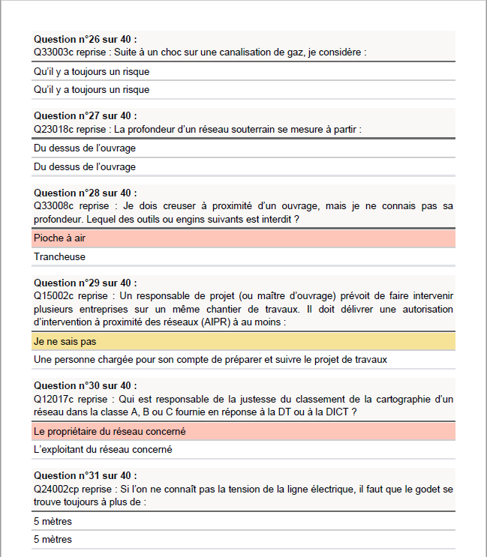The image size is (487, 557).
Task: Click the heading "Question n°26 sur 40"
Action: (x=86, y=39)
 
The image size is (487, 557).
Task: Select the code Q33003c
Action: (x=53, y=52)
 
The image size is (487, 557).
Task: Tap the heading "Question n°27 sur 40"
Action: (x=86, y=116)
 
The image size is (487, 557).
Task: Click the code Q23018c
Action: (x=53, y=129)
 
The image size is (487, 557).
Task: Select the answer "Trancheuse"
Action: (x=59, y=256)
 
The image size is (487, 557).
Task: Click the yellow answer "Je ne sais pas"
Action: (x=65, y=341)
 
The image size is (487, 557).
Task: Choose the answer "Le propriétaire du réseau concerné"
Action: (x=110, y=431)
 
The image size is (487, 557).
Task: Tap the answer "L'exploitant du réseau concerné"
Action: (x=103, y=450)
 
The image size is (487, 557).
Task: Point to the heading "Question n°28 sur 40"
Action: (x=86, y=193)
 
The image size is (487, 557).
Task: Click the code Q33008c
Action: (x=53, y=206)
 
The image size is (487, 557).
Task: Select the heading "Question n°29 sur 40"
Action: (x=86, y=283)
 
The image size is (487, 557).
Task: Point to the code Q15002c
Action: (x=53, y=296)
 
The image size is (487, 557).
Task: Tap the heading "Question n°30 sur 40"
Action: (x=86, y=386)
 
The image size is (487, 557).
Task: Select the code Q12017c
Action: (x=53, y=399)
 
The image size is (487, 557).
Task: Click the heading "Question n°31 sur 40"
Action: (x=86, y=476)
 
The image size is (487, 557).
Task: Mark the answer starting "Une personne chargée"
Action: (x=210, y=359)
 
